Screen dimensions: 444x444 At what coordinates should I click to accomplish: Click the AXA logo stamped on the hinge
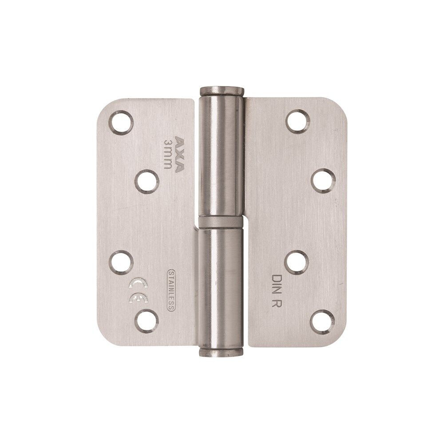(179, 155)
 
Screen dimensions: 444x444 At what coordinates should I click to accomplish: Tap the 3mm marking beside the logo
(168, 154)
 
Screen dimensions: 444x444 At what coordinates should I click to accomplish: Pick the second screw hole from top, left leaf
(147, 182)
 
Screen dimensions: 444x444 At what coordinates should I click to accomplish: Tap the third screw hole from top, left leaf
(121, 262)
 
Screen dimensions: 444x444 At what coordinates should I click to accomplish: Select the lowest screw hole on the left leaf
(147, 321)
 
